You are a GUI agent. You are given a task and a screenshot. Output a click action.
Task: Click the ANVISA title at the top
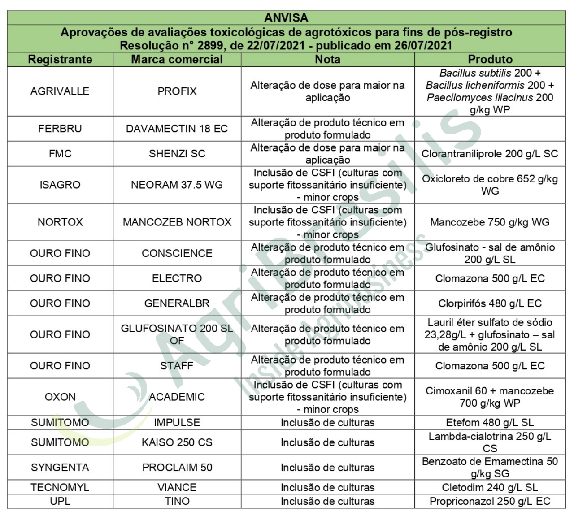tap(286, 18)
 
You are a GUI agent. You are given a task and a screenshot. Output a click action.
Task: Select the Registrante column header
tap(60, 59)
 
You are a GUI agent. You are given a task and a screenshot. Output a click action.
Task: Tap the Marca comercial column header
tap(177, 59)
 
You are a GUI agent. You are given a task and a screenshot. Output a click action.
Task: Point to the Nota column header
tap(327, 59)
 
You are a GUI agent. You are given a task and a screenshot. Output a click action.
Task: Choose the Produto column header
tap(490, 59)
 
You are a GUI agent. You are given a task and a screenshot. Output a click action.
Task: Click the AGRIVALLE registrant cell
tap(60, 91)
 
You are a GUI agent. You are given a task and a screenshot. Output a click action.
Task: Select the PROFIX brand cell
tap(177, 91)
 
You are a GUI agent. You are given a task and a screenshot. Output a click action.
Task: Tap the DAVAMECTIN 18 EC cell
tap(177, 129)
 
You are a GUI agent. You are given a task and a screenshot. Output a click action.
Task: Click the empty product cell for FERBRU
tap(490, 129)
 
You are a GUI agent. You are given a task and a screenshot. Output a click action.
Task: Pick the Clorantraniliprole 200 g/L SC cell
tap(490, 154)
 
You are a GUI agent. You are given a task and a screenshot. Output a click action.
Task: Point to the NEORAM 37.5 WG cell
tap(177, 185)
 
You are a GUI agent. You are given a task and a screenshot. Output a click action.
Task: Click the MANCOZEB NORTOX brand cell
tap(177, 222)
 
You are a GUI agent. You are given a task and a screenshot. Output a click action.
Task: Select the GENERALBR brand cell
tap(177, 303)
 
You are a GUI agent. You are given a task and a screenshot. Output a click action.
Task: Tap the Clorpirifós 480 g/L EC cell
tap(490, 303)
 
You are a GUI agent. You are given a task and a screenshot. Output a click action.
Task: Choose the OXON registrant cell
tap(60, 397)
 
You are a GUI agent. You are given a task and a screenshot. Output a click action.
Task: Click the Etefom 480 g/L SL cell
tap(490, 422)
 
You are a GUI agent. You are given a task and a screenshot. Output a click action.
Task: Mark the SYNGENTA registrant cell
tap(60, 468)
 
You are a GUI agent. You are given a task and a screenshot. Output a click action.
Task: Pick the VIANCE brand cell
tap(177, 487)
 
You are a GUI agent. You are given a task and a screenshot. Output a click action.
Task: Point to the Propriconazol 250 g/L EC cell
tap(490, 501)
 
